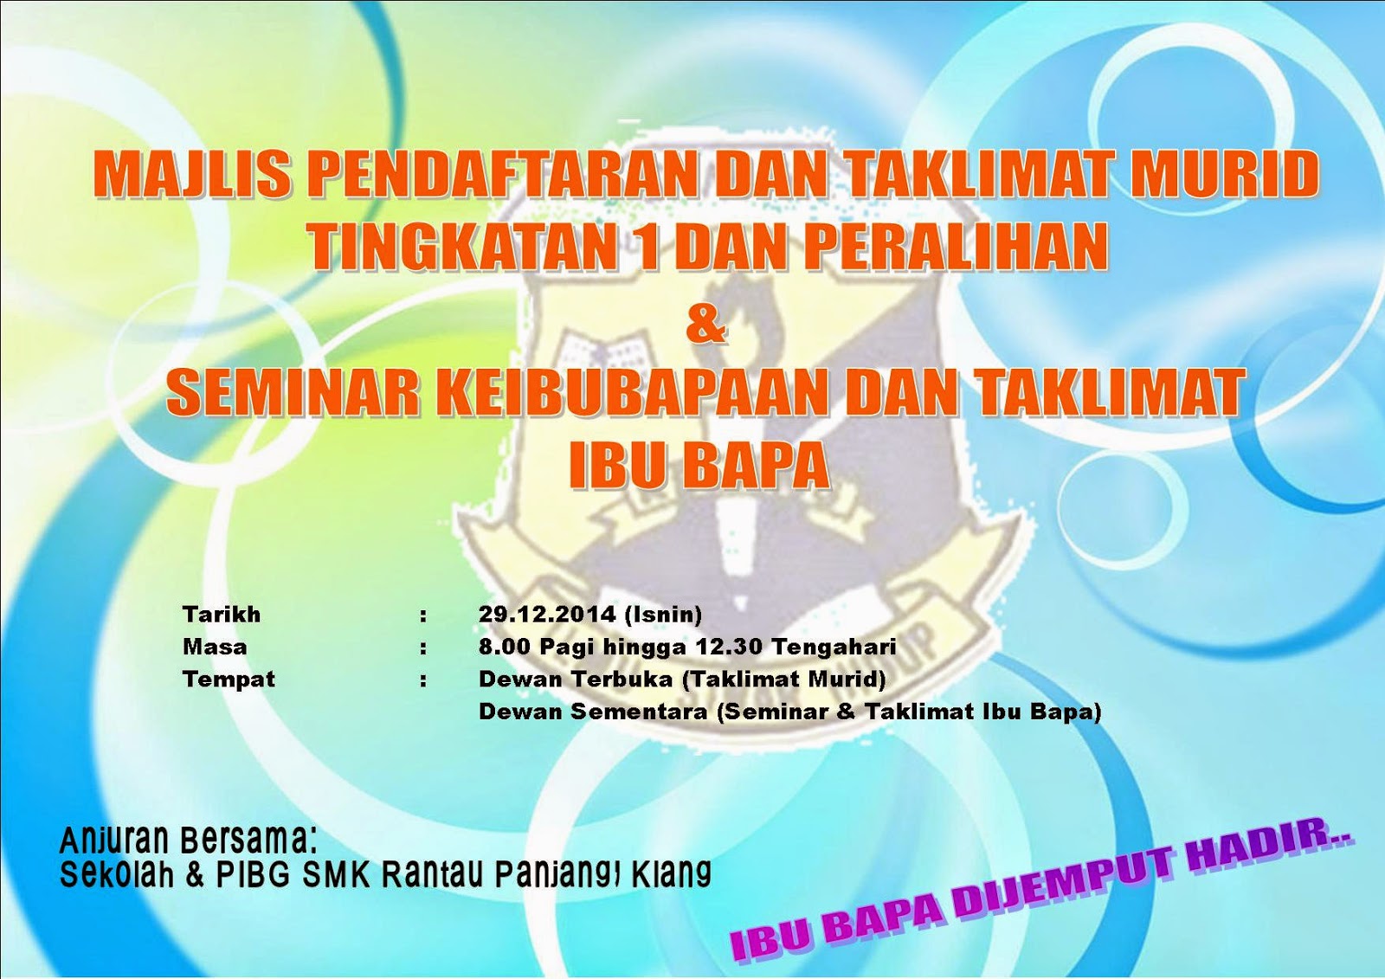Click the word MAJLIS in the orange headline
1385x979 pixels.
click(192, 174)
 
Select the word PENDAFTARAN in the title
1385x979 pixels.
click(502, 174)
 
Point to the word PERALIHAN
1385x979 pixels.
click(957, 247)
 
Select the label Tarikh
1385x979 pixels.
click(222, 615)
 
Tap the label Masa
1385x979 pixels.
click(215, 647)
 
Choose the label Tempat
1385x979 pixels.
click(229, 680)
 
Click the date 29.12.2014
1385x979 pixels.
click(547, 615)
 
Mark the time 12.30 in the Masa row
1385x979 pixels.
click(734, 647)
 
